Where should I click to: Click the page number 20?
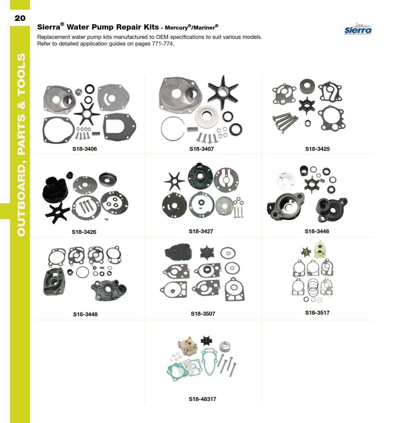[x=20, y=18]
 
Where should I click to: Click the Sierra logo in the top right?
[x=358, y=29]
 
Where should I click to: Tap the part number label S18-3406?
[x=84, y=149]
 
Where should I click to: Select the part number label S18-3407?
[x=202, y=149]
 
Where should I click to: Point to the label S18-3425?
[x=317, y=149]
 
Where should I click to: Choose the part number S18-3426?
[x=84, y=232]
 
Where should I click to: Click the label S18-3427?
[x=201, y=231]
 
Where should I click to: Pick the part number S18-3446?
[x=317, y=231]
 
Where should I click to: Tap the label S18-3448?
[x=85, y=314]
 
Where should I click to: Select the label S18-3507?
[x=203, y=314]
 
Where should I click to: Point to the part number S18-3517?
[x=317, y=313]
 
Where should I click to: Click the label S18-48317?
[x=202, y=399]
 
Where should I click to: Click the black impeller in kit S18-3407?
[x=222, y=92]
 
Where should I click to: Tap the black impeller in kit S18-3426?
[x=58, y=213]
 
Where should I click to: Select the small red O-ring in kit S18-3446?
[x=313, y=169]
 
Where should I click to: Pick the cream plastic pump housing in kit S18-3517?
[x=321, y=250]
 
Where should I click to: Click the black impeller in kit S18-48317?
[x=206, y=341]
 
